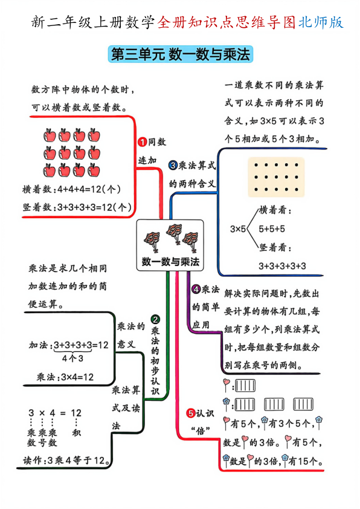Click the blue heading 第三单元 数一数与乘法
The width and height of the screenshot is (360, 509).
tap(179, 55)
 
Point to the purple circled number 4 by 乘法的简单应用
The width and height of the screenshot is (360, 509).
tap(196, 290)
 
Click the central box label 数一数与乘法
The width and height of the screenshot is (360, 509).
tap(170, 262)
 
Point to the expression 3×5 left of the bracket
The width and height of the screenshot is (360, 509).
tap(238, 229)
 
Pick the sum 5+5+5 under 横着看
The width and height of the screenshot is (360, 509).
tap(271, 229)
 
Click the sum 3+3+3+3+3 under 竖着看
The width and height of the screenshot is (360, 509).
tap(282, 265)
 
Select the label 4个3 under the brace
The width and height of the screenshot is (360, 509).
tap(72, 358)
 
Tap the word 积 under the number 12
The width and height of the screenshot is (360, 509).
tap(76, 433)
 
